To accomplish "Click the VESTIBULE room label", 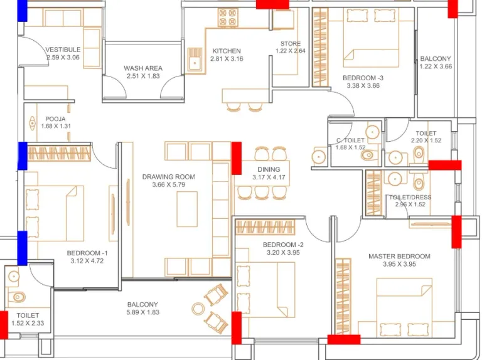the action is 63,50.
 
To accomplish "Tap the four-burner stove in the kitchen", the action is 228,17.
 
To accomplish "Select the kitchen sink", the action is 195,60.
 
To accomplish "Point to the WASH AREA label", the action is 143,68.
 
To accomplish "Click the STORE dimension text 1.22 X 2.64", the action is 291,51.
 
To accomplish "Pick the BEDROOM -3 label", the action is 363,78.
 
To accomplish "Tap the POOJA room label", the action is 55,119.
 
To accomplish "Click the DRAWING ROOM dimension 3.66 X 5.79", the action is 168,184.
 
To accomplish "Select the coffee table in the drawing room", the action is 187,209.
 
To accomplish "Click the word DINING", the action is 269,169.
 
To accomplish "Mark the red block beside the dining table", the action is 237,158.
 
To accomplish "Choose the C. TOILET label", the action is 350,140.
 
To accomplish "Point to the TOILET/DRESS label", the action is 410,197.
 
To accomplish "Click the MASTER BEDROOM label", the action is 399,256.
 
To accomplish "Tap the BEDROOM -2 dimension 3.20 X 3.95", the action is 283,253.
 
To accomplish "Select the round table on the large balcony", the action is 198,309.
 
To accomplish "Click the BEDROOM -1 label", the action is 87,253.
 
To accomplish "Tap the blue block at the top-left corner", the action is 22,11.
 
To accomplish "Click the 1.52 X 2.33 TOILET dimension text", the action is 28,323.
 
